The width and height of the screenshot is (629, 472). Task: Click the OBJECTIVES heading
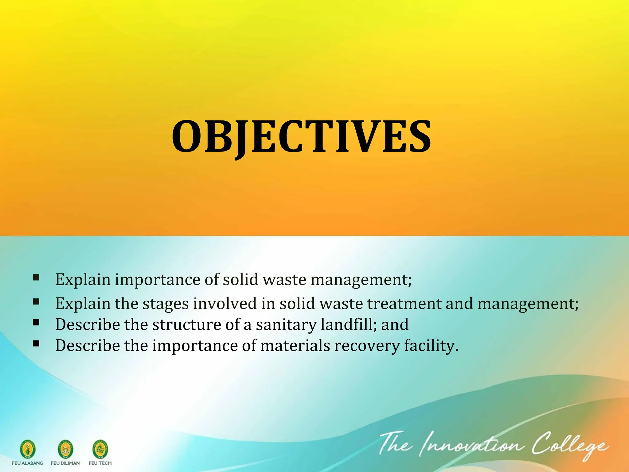(302, 136)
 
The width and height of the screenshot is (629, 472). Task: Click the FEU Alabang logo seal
(28, 449)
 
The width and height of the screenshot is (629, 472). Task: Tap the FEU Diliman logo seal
(65, 449)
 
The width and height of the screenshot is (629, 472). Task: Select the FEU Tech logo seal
(100, 449)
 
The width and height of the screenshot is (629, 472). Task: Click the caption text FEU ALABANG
(27, 463)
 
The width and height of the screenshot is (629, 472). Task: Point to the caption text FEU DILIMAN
(65, 463)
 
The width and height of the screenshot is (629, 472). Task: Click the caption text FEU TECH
(100, 463)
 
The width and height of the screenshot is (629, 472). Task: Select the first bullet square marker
(36, 278)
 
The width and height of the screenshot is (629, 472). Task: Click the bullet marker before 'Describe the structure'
(36, 323)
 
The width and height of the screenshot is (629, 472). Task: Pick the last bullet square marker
(36, 344)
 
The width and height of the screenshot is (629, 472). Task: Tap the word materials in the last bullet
(295, 345)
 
